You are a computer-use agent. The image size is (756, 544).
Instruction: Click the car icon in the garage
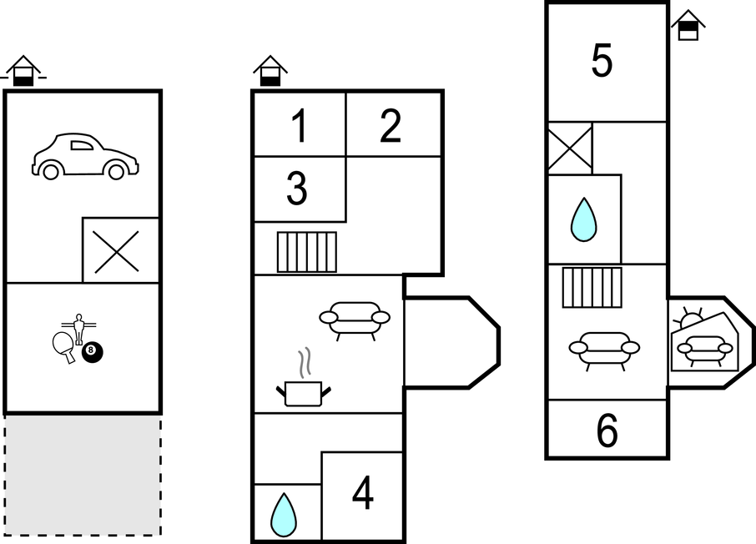(x=84, y=156)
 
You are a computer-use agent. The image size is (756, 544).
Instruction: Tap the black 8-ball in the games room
(x=93, y=353)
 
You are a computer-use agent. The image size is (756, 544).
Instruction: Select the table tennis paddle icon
(x=63, y=345)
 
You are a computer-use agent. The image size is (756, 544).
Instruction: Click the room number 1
(x=299, y=126)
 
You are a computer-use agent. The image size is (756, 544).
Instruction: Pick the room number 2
(x=391, y=126)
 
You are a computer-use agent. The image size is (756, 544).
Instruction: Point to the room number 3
(x=297, y=189)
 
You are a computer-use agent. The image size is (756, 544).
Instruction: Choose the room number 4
(x=362, y=495)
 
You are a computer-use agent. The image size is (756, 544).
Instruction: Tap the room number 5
(x=602, y=61)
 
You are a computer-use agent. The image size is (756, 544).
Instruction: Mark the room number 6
(x=607, y=431)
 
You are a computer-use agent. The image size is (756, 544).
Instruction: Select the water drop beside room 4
(x=284, y=514)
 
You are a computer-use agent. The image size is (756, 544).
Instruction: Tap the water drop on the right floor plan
(x=583, y=219)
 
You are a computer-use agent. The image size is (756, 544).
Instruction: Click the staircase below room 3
(x=306, y=251)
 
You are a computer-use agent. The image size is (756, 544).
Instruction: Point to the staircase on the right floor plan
(x=592, y=287)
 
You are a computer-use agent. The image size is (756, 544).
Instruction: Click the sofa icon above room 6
(x=604, y=348)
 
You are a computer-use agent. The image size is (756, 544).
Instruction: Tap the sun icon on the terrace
(x=691, y=319)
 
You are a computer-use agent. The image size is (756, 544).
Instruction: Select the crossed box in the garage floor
(x=117, y=250)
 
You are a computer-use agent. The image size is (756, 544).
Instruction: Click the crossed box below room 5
(x=569, y=149)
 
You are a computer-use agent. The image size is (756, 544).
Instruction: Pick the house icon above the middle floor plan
(x=270, y=71)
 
